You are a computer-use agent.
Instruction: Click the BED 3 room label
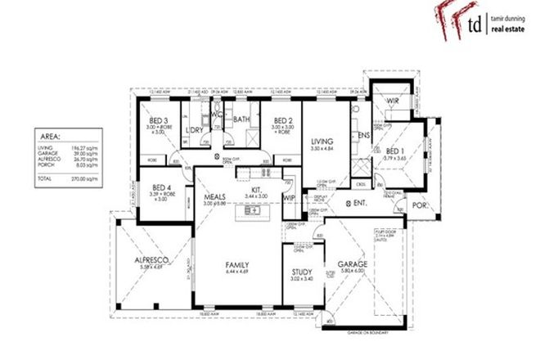click(158, 120)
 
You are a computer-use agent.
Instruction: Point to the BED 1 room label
click(394, 151)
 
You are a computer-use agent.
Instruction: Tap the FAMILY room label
click(238, 265)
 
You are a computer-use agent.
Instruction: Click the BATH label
click(242, 120)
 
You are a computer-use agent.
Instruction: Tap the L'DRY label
click(196, 130)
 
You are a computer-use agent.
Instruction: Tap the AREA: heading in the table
click(52, 138)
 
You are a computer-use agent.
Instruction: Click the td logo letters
click(474, 25)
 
